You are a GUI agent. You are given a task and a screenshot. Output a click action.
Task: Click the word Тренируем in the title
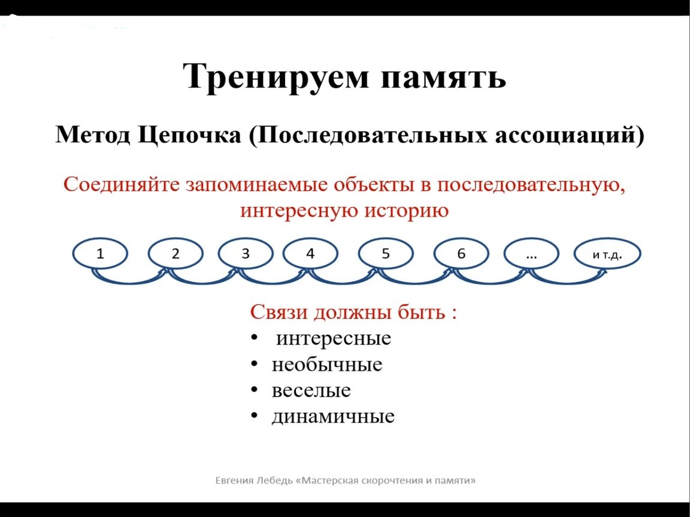pyautogui.click(x=275, y=77)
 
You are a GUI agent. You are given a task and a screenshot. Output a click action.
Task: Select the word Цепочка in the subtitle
pyautogui.click(x=190, y=136)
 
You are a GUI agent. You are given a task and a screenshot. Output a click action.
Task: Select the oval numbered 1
pyautogui.click(x=101, y=254)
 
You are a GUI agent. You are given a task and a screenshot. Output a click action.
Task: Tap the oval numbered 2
pyautogui.click(x=175, y=254)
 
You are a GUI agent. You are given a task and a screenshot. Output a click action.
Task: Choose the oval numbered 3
pyautogui.click(x=246, y=254)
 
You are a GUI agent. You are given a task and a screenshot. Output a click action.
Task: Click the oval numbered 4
pyautogui.click(x=310, y=254)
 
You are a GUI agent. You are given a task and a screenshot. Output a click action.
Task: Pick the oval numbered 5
pyautogui.click(x=386, y=254)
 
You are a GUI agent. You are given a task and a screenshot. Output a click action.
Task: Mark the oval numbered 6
pyautogui.click(x=461, y=254)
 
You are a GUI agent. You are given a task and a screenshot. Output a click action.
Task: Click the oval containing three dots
pyautogui.click(x=531, y=254)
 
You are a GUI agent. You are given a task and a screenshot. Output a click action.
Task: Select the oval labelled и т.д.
pyautogui.click(x=608, y=254)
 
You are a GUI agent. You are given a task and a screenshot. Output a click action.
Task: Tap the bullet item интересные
pyautogui.click(x=334, y=339)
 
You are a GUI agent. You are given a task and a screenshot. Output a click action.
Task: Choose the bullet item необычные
pyautogui.click(x=327, y=365)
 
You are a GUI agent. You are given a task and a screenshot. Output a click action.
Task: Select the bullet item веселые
pyautogui.click(x=311, y=391)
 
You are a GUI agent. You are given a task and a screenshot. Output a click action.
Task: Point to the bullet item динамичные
pyautogui.click(x=333, y=416)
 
